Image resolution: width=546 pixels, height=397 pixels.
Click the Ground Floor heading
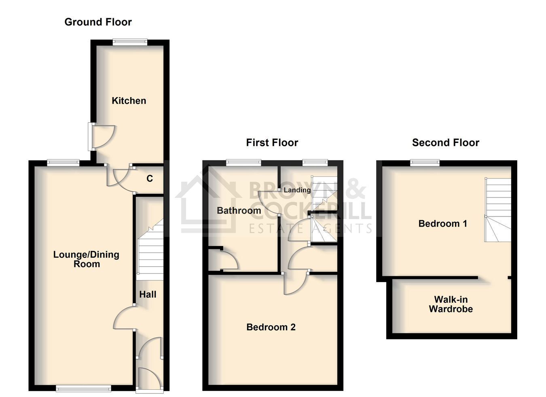click(x=98, y=22)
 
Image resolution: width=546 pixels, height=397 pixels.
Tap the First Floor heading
click(x=272, y=143)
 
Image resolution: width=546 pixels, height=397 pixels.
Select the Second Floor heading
click(x=446, y=143)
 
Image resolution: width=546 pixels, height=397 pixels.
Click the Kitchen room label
click(x=129, y=101)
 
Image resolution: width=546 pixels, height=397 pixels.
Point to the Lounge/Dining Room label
click(x=86, y=259)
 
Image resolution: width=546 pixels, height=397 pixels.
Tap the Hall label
click(x=148, y=295)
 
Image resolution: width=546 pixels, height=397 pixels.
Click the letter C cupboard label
click(x=150, y=178)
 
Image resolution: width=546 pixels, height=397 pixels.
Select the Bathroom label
click(x=239, y=210)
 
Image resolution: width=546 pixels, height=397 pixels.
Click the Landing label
click(x=297, y=190)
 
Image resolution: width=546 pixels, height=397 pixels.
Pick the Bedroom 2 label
click(x=271, y=327)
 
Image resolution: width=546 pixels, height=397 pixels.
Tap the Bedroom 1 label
click(x=442, y=224)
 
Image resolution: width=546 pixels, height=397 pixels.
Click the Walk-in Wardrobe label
click(x=451, y=304)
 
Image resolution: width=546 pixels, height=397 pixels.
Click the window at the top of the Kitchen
click(x=130, y=42)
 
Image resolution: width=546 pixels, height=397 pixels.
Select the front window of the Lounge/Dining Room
click(x=83, y=389)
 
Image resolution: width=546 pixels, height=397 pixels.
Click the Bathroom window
click(x=243, y=162)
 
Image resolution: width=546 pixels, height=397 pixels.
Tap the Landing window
click(x=315, y=162)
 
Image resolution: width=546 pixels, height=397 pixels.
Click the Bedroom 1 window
click(x=425, y=162)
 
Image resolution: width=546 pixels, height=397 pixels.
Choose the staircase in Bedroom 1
click(x=498, y=210)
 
